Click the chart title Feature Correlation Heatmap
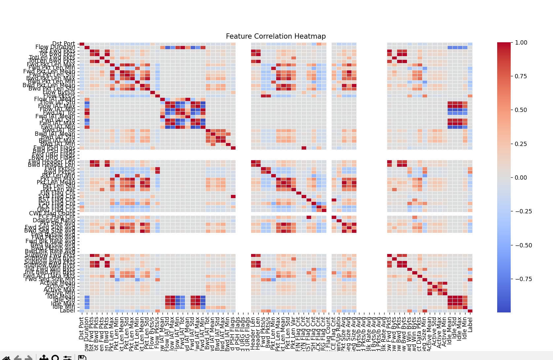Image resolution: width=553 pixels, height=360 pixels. coord(276,36)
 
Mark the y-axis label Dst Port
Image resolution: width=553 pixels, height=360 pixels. coord(63,44)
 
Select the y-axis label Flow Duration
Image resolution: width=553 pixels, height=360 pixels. coord(55,47)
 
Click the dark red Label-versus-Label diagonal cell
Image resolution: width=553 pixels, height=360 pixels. coord(470,310)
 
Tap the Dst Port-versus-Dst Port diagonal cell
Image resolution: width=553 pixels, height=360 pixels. coord(82,44)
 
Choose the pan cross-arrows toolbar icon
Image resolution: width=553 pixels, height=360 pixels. coord(44,357)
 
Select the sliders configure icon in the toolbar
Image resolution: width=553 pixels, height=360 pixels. coord(67,357)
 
